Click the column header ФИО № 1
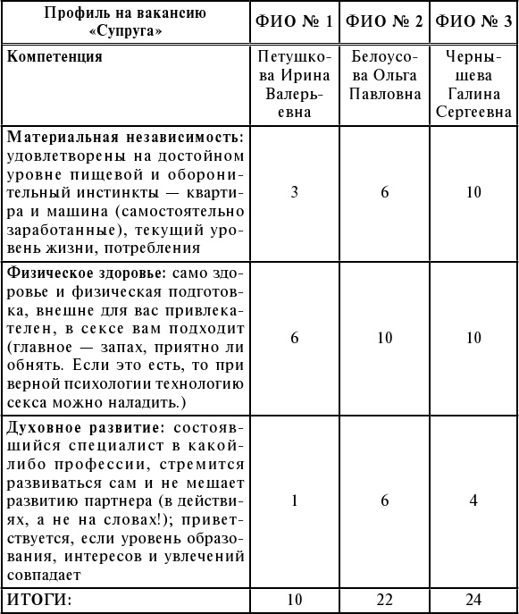[295, 21]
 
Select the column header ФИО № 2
[385, 21]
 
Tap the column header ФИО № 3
[473, 21]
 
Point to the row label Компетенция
[54, 57]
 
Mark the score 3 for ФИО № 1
[295, 192]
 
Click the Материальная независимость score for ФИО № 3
[473, 192]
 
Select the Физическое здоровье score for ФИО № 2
[385, 337]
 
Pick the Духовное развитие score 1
[295, 500]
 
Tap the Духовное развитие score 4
[473, 500]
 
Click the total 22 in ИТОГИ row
[385, 597]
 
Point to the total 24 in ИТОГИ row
[473, 597]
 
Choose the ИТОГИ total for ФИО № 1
[295, 597]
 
